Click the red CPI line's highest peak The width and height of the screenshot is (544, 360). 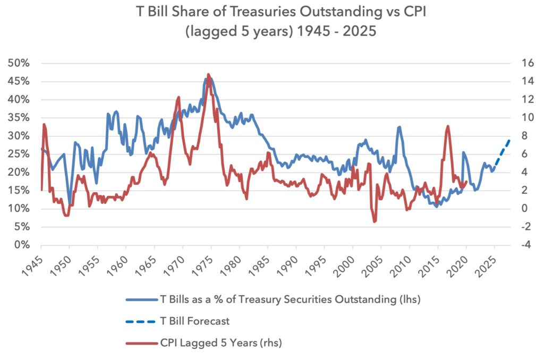click(x=208, y=75)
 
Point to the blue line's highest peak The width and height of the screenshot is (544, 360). click(x=206, y=79)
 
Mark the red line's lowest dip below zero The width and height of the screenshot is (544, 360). click(x=375, y=221)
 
